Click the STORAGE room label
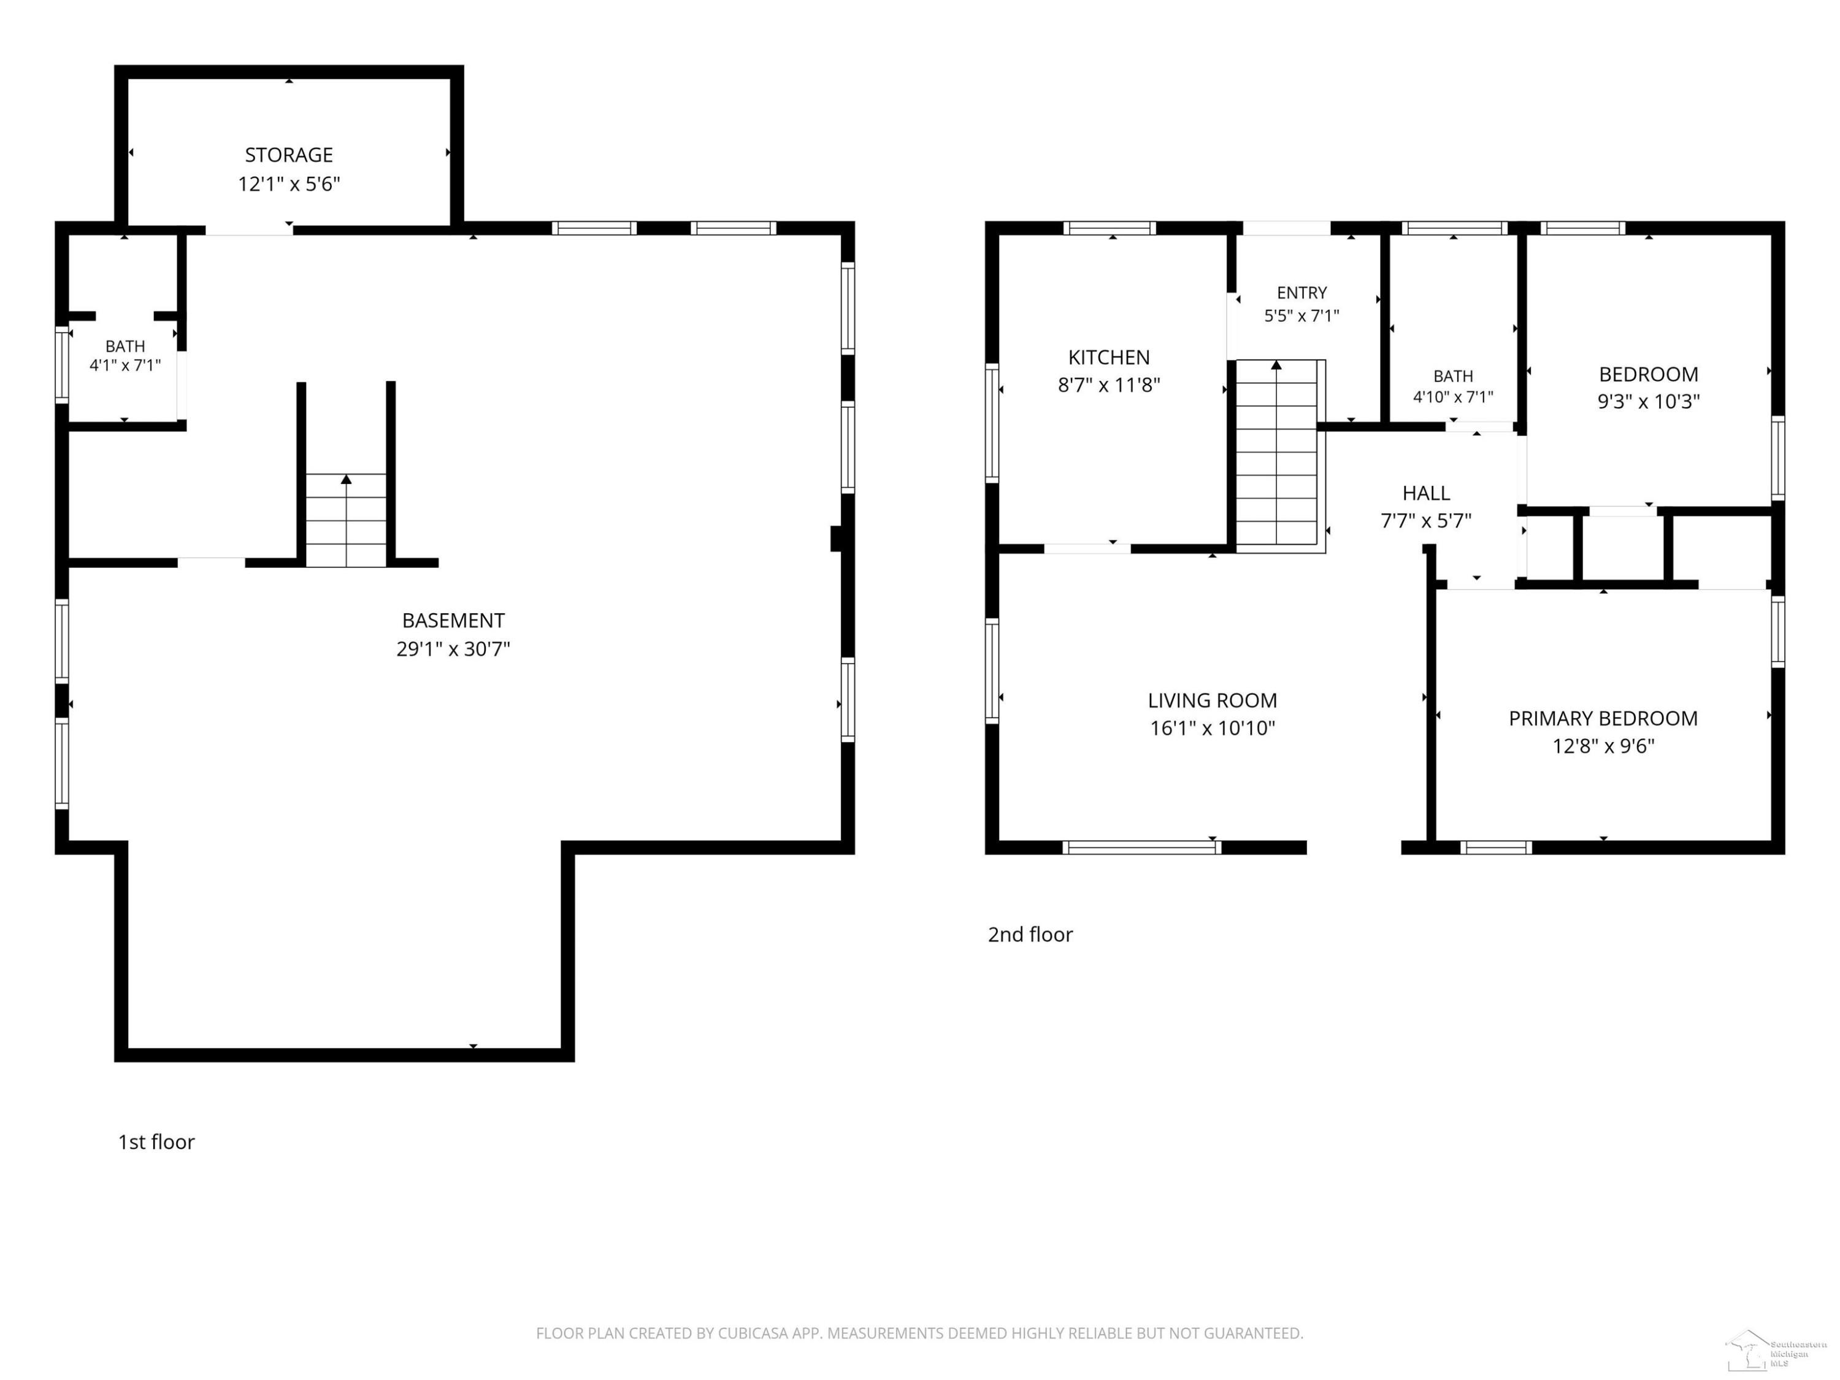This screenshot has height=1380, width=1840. pyautogui.click(x=289, y=155)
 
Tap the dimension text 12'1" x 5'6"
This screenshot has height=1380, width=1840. pyautogui.click(x=289, y=184)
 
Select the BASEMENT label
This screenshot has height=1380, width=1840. pyautogui.click(x=453, y=621)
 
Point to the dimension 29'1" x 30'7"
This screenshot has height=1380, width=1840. pyautogui.click(x=453, y=649)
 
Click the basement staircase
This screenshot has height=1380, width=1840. pyautogui.click(x=346, y=520)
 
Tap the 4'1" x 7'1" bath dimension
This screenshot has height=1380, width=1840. pyautogui.click(x=125, y=365)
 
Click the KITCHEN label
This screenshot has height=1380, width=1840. pyautogui.click(x=1109, y=358)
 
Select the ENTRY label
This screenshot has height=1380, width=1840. pyautogui.click(x=1302, y=293)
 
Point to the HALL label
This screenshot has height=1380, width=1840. pyautogui.click(x=1426, y=493)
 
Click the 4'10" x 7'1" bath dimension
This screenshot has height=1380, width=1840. pyautogui.click(x=1453, y=397)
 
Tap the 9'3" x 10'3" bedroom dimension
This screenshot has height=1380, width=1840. pyautogui.click(x=1648, y=402)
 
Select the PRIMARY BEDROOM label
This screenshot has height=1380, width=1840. pyautogui.click(x=1603, y=719)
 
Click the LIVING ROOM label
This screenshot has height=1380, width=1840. pyautogui.click(x=1212, y=701)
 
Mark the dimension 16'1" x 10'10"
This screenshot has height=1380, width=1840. pyautogui.click(x=1212, y=729)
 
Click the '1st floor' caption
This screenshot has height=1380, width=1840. pyautogui.click(x=156, y=1142)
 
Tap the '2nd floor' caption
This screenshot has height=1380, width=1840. pyautogui.click(x=1030, y=935)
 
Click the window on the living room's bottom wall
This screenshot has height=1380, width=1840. pyautogui.click(x=1142, y=848)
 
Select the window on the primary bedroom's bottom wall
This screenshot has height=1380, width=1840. pyautogui.click(x=1496, y=848)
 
